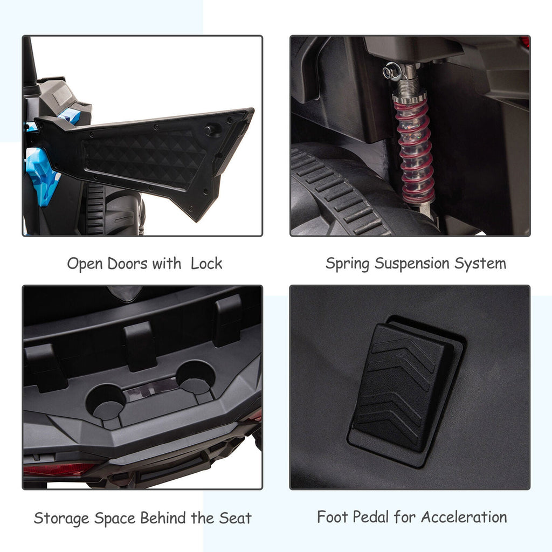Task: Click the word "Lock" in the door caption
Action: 206,263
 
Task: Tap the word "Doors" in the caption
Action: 127,264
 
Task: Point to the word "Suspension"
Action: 411,263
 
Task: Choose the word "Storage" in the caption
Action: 61,519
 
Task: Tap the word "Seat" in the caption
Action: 235,518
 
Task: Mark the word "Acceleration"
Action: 464,517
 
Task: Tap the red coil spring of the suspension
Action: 414,148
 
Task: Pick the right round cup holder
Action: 195,377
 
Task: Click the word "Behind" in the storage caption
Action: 163,518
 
